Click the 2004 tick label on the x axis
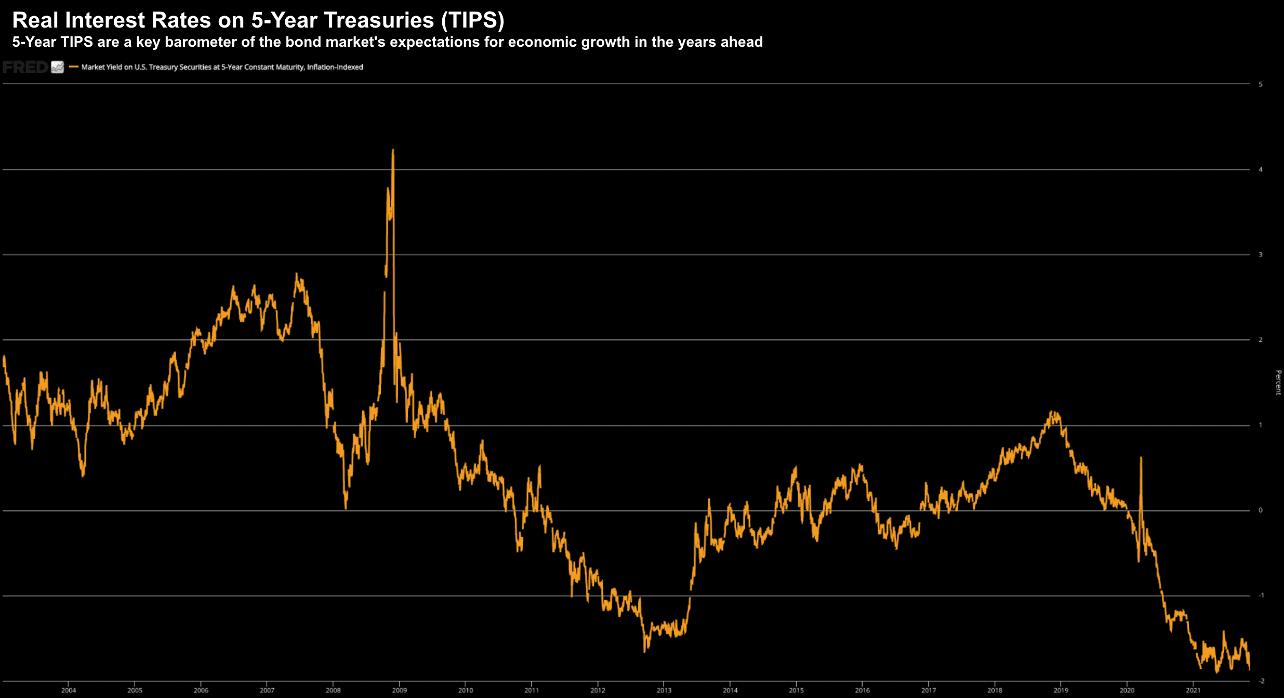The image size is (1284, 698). (69, 690)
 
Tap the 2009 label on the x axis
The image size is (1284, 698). (399, 690)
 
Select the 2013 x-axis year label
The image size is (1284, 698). (664, 690)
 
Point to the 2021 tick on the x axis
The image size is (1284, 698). (1193, 690)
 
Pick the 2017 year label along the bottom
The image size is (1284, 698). (929, 690)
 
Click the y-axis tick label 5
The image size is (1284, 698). (1260, 84)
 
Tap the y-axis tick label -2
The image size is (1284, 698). (1261, 681)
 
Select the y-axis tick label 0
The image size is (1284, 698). (1260, 510)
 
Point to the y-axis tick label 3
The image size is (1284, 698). (1260, 255)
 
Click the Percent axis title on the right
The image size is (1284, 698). (1278, 383)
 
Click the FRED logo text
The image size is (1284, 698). (25, 67)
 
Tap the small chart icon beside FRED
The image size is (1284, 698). (58, 67)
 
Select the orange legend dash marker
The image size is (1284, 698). (74, 67)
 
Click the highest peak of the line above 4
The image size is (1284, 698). (393, 150)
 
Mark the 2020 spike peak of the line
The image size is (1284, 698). (1141, 457)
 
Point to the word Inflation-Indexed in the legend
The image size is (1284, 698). (335, 67)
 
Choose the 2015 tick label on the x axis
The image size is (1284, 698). (796, 690)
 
